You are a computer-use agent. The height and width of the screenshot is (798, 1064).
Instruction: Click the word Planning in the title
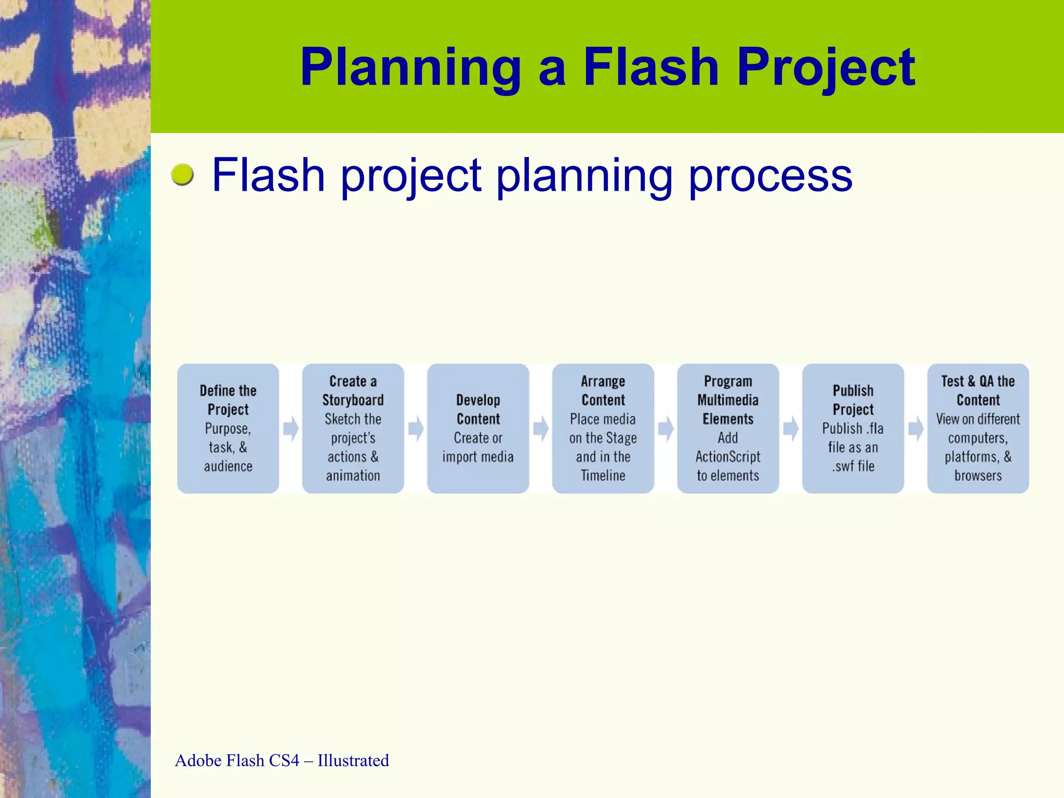(x=410, y=68)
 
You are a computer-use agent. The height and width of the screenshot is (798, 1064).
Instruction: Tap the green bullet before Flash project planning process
(x=182, y=175)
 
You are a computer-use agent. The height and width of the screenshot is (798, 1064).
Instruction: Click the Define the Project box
(x=228, y=428)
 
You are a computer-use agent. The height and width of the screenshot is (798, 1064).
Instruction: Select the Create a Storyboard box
(x=353, y=428)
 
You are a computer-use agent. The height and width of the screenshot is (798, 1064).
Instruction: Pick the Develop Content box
(x=478, y=428)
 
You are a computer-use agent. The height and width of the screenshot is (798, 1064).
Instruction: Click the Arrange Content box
(x=603, y=428)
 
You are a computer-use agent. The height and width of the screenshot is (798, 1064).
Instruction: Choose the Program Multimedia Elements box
(x=728, y=428)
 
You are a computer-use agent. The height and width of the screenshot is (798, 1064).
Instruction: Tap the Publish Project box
(x=853, y=428)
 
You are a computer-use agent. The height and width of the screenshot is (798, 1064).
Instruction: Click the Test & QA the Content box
(x=978, y=428)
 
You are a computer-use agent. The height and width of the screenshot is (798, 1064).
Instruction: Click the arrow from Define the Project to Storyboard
(x=291, y=429)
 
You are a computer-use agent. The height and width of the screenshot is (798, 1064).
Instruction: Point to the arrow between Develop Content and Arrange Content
(x=541, y=429)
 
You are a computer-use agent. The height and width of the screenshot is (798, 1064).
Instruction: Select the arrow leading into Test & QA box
(x=916, y=429)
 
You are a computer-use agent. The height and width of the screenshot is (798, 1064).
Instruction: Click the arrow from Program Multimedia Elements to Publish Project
(x=791, y=429)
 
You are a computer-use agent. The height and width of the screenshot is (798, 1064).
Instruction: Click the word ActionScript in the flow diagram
(x=728, y=457)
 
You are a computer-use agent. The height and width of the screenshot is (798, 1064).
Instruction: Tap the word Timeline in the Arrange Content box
(x=603, y=475)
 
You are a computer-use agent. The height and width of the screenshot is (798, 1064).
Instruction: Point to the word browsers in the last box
(x=978, y=475)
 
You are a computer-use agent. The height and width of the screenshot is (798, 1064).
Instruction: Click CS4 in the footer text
(x=284, y=761)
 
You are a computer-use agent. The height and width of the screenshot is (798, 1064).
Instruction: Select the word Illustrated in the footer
(x=353, y=761)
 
